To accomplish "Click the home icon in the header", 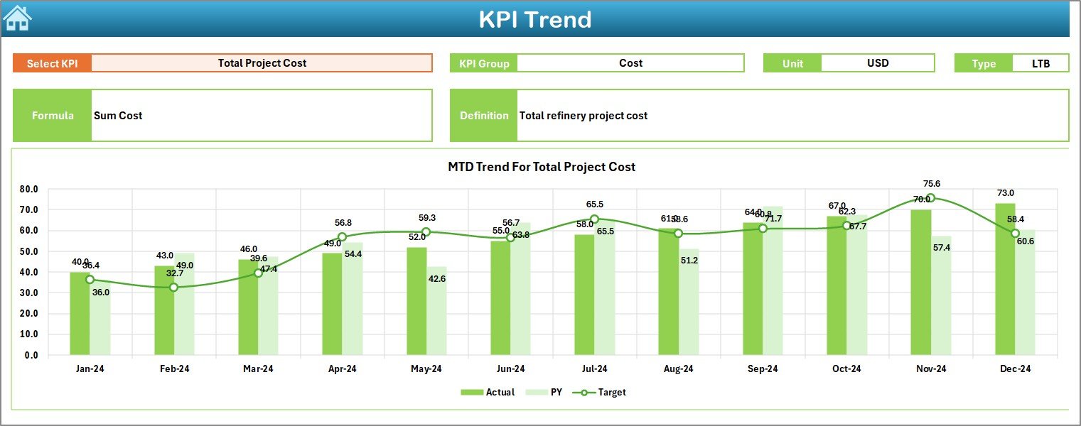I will click(17, 18).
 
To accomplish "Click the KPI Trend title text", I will click(534, 19).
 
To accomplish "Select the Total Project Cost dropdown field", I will click(262, 63).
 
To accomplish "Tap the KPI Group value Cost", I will click(630, 63).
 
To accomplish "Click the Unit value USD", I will click(877, 63).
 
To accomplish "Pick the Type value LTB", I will click(1040, 63).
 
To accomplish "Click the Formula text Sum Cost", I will click(118, 116).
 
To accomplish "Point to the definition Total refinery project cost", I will click(583, 116).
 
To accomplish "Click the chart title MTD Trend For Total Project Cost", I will click(541, 167).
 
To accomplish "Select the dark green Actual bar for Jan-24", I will click(80, 314).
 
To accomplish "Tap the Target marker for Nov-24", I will click(930, 199).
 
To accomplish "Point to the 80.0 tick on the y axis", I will click(28, 190).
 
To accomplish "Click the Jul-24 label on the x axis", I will click(594, 369).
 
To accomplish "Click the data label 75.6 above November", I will click(930, 184).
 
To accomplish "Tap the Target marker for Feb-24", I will click(173, 288).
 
